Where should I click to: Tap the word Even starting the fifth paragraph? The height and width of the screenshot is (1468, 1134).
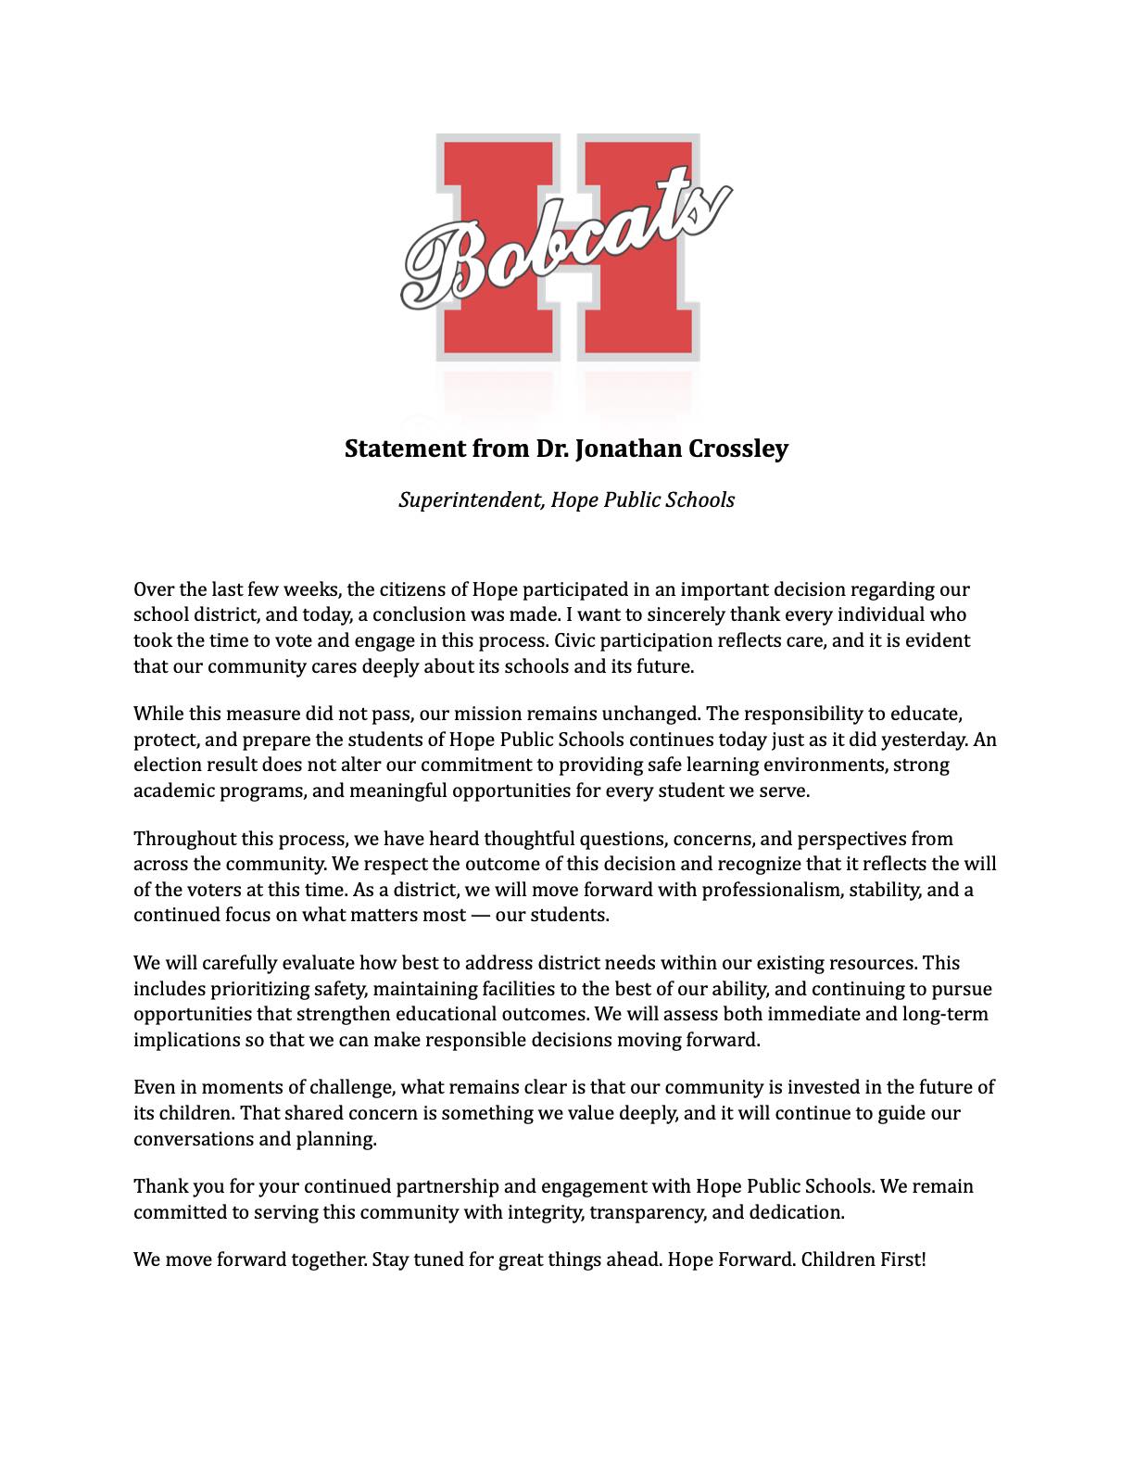(x=153, y=1087)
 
